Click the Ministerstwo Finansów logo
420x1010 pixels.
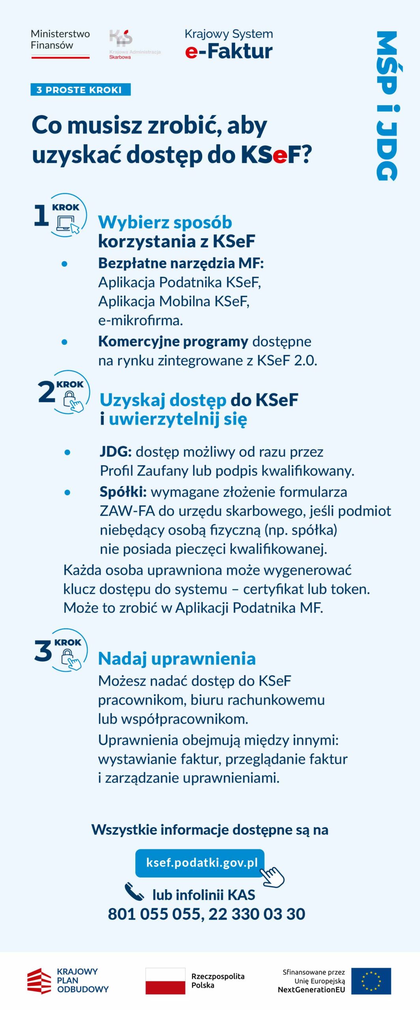tap(60, 43)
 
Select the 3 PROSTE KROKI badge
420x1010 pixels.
tap(80, 90)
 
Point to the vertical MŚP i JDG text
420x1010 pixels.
tap(387, 106)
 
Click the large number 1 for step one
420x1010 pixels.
tap(41, 215)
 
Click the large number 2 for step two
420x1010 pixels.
tap(46, 392)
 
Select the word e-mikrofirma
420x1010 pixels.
tap(140, 320)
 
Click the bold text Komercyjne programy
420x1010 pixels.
tap(173, 341)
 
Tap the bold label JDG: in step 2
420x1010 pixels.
tap(116, 451)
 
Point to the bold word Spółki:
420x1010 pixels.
tap(123, 492)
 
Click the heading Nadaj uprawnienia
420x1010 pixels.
tap(177, 658)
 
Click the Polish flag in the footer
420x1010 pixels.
tap(165, 980)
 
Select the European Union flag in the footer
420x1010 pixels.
tap(371, 980)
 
